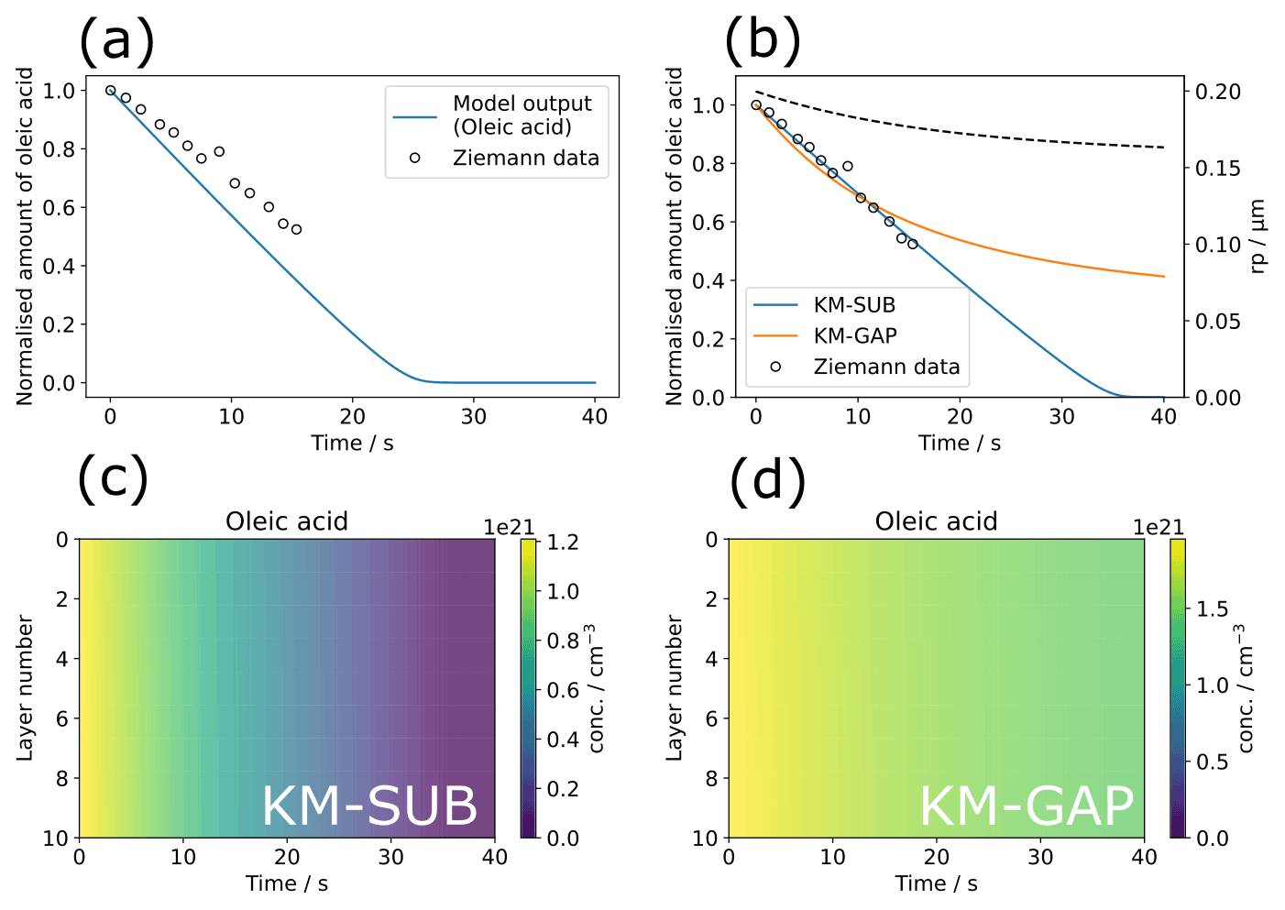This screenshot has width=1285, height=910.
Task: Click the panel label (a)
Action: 116,41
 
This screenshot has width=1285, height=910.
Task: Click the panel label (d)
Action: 767,479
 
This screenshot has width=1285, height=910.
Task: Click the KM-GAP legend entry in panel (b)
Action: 854,335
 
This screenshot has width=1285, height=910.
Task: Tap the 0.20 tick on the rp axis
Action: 1218,92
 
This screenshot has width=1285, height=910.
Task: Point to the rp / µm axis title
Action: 1258,236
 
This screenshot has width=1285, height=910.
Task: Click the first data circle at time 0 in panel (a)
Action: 111,91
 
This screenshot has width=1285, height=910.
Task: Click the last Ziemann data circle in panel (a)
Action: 296,230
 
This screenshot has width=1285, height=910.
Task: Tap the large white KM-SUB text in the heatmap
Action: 369,806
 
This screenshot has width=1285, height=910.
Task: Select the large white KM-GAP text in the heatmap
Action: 1027,806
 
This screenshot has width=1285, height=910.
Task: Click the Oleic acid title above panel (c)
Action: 287,521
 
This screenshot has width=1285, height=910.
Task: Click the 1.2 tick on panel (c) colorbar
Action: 563,542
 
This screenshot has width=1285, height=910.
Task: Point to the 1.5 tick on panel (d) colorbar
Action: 1212,609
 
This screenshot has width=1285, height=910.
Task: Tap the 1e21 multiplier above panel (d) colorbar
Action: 1159,527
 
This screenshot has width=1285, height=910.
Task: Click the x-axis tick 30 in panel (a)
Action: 474,416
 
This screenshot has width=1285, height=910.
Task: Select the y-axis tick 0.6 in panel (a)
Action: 60,208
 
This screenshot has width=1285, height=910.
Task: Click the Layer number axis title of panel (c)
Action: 25,688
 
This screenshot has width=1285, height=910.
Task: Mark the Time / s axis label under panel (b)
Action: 960,444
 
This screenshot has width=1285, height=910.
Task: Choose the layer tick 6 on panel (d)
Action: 711,718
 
